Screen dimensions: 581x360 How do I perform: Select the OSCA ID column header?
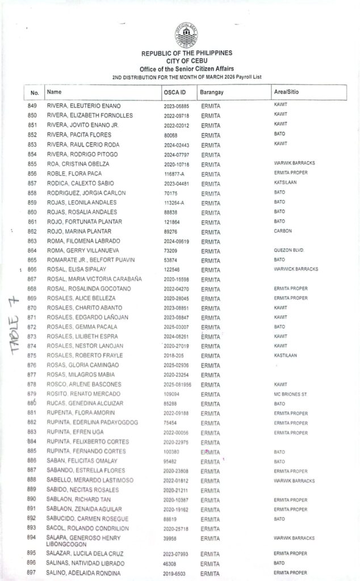pos(173,92)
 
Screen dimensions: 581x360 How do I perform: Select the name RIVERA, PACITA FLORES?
pos(79,135)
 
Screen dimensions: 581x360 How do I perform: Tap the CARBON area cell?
pos(282,231)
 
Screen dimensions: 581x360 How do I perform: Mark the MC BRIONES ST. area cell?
pos(290,394)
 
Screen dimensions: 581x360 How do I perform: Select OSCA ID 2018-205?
pos(173,356)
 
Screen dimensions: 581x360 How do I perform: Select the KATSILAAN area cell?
pos(285,183)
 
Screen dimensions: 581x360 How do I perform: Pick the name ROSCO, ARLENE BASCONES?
pos(84,385)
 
